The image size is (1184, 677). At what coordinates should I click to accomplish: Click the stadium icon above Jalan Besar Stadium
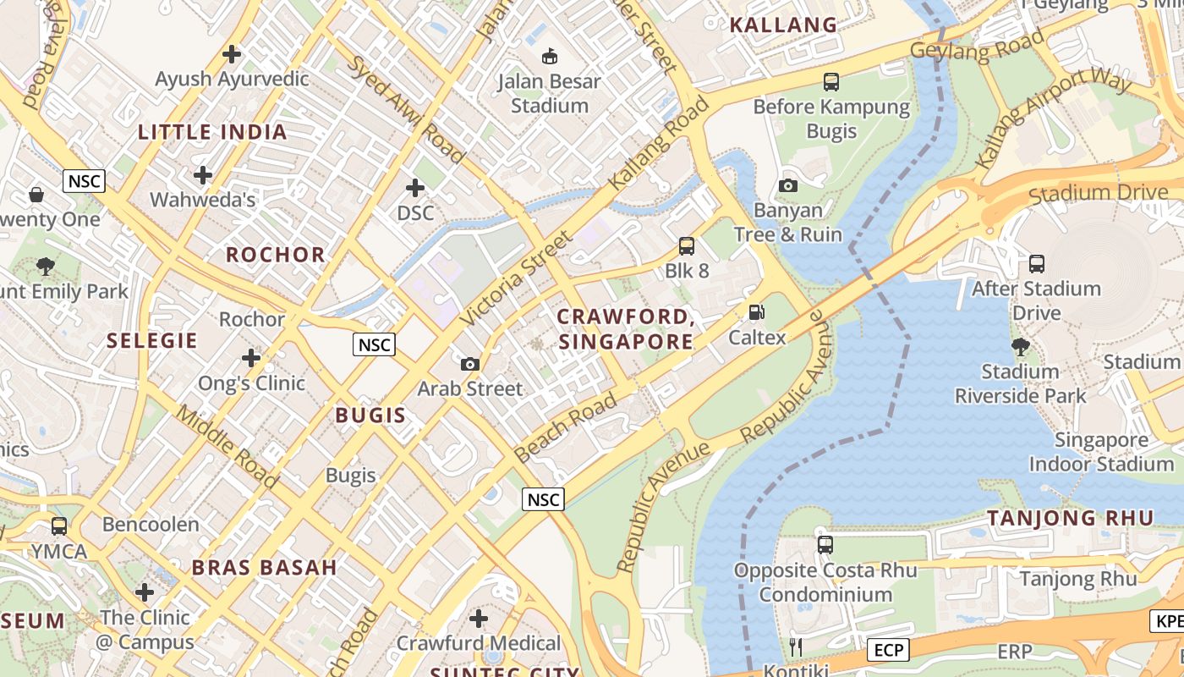click(x=550, y=57)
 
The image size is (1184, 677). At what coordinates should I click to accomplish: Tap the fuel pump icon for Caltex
click(x=757, y=312)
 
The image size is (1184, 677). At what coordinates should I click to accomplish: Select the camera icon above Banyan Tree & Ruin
click(x=788, y=185)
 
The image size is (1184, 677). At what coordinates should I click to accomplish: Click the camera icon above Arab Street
click(x=470, y=364)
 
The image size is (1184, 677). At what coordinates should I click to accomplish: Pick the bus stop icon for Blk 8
click(x=687, y=246)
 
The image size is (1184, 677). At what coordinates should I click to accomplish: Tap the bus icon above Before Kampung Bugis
click(x=831, y=82)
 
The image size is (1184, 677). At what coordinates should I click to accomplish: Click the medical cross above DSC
click(x=415, y=188)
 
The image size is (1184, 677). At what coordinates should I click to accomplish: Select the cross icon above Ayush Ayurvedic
click(x=232, y=55)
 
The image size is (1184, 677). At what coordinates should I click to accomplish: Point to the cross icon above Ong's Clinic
click(x=251, y=358)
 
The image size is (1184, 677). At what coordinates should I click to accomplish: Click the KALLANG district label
click(x=783, y=25)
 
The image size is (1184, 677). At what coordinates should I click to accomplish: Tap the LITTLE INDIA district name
click(x=212, y=132)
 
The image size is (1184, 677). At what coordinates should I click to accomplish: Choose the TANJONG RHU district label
click(x=1071, y=518)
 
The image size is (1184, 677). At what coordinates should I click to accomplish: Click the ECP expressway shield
click(x=888, y=650)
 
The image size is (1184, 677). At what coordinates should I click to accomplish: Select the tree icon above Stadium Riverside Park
click(x=1021, y=346)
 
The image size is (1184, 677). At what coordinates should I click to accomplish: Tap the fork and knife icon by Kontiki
click(x=795, y=647)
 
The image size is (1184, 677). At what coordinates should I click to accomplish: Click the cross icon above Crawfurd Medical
click(x=479, y=619)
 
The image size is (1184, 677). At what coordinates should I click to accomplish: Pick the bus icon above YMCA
click(x=59, y=526)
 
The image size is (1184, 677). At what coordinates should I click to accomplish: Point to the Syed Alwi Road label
click(x=405, y=109)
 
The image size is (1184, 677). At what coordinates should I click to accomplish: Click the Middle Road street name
click(x=227, y=447)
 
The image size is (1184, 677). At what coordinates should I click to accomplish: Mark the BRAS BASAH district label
click(x=264, y=567)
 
